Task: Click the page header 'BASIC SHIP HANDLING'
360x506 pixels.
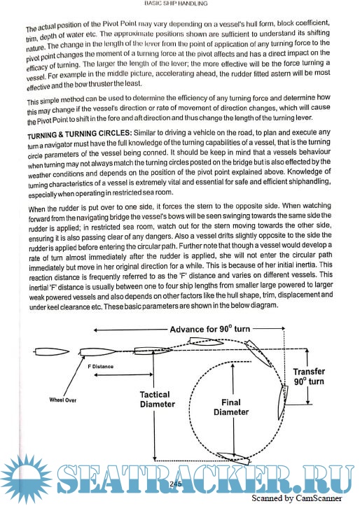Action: pos(176,3)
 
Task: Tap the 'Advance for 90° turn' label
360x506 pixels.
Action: pos(210,329)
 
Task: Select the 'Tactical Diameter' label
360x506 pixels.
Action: pos(158,399)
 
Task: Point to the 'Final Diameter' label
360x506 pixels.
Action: pos(231,407)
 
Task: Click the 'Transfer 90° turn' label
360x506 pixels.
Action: pos(309,377)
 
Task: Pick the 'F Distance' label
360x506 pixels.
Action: pos(100,367)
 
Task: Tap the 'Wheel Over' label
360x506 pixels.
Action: pos(63,400)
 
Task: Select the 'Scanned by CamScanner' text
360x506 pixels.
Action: pos(296,498)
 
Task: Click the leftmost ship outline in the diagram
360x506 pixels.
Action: pos(51,352)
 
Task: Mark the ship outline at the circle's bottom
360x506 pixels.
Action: pos(233,457)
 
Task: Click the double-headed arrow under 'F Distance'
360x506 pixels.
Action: pos(123,374)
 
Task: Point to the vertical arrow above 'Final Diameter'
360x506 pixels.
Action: pos(233,379)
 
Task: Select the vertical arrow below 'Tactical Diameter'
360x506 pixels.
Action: pos(155,435)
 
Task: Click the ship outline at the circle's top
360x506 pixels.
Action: pos(206,341)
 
